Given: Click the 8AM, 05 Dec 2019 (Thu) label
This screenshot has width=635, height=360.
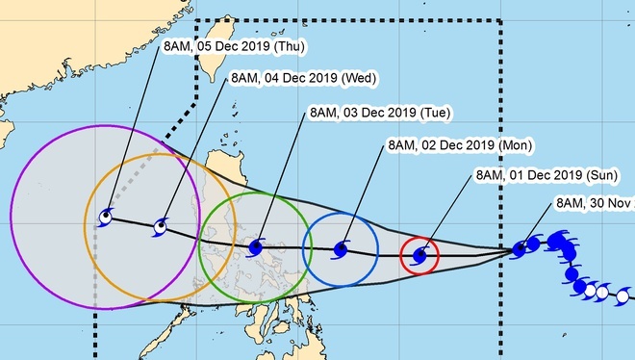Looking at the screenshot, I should pyautogui.click(x=224, y=45).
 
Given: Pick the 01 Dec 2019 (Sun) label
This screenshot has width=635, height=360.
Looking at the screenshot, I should pyautogui.click(x=548, y=176).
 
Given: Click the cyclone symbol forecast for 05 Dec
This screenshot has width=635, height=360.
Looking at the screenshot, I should pyautogui.click(x=104, y=219).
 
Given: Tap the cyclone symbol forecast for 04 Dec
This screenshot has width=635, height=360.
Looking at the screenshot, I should pyautogui.click(x=160, y=228).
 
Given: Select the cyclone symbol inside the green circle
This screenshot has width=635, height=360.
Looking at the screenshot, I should pyautogui.click(x=255, y=248).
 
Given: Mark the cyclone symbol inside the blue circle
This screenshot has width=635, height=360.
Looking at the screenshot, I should pyautogui.click(x=340, y=250).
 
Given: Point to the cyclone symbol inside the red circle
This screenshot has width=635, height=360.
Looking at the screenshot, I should pyautogui.click(x=419, y=256).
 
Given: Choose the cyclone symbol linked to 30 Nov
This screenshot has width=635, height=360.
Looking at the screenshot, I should pyautogui.click(x=520, y=248).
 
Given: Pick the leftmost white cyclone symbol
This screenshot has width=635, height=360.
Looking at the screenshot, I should pyautogui.click(x=586, y=287).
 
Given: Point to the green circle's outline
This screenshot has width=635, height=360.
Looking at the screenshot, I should pyautogui.click(x=199, y=248).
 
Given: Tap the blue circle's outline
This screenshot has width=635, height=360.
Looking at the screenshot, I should pyautogui.click(x=303, y=248).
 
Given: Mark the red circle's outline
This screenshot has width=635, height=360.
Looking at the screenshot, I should pyautogui.click(x=399, y=256).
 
